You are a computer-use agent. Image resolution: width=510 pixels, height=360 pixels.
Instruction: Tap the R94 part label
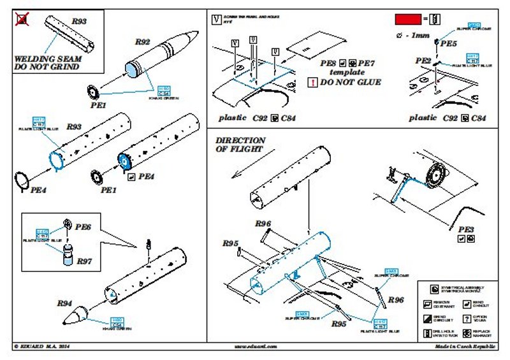tap(65, 303)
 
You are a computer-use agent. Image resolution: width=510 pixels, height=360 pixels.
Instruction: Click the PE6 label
tap(84, 226)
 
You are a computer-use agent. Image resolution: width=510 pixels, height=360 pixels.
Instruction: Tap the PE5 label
tap(448, 43)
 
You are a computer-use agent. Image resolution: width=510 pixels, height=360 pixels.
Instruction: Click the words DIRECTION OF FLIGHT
tap(240, 145)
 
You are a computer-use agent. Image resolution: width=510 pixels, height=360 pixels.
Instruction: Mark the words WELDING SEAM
tap(43, 58)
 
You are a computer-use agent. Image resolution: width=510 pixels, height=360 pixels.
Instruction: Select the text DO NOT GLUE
tap(350, 82)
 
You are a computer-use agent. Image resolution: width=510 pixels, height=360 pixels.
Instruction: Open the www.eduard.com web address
tap(254, 347)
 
